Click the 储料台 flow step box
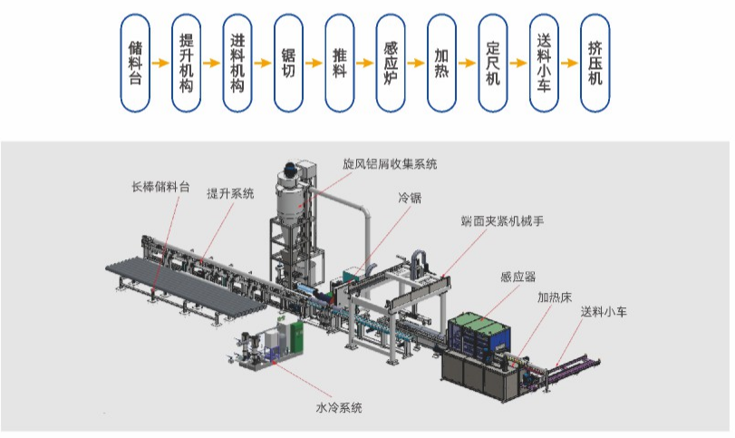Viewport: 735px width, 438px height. [135, 63]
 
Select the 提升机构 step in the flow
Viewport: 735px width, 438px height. [186, 63]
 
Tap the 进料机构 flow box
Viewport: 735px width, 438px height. [237, 63]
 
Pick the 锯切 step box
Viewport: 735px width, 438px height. [288, 63]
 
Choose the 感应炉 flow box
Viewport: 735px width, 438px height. [391, 63]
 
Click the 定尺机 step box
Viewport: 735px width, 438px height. [493, 63]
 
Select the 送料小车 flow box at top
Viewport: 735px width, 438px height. [544, 63]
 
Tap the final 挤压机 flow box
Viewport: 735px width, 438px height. [595, 63]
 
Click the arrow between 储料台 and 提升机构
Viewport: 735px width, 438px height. [160, 63]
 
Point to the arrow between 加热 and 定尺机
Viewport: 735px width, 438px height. [468, 63]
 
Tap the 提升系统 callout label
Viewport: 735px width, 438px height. [230, 193]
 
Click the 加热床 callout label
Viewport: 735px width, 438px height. [555, 297]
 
